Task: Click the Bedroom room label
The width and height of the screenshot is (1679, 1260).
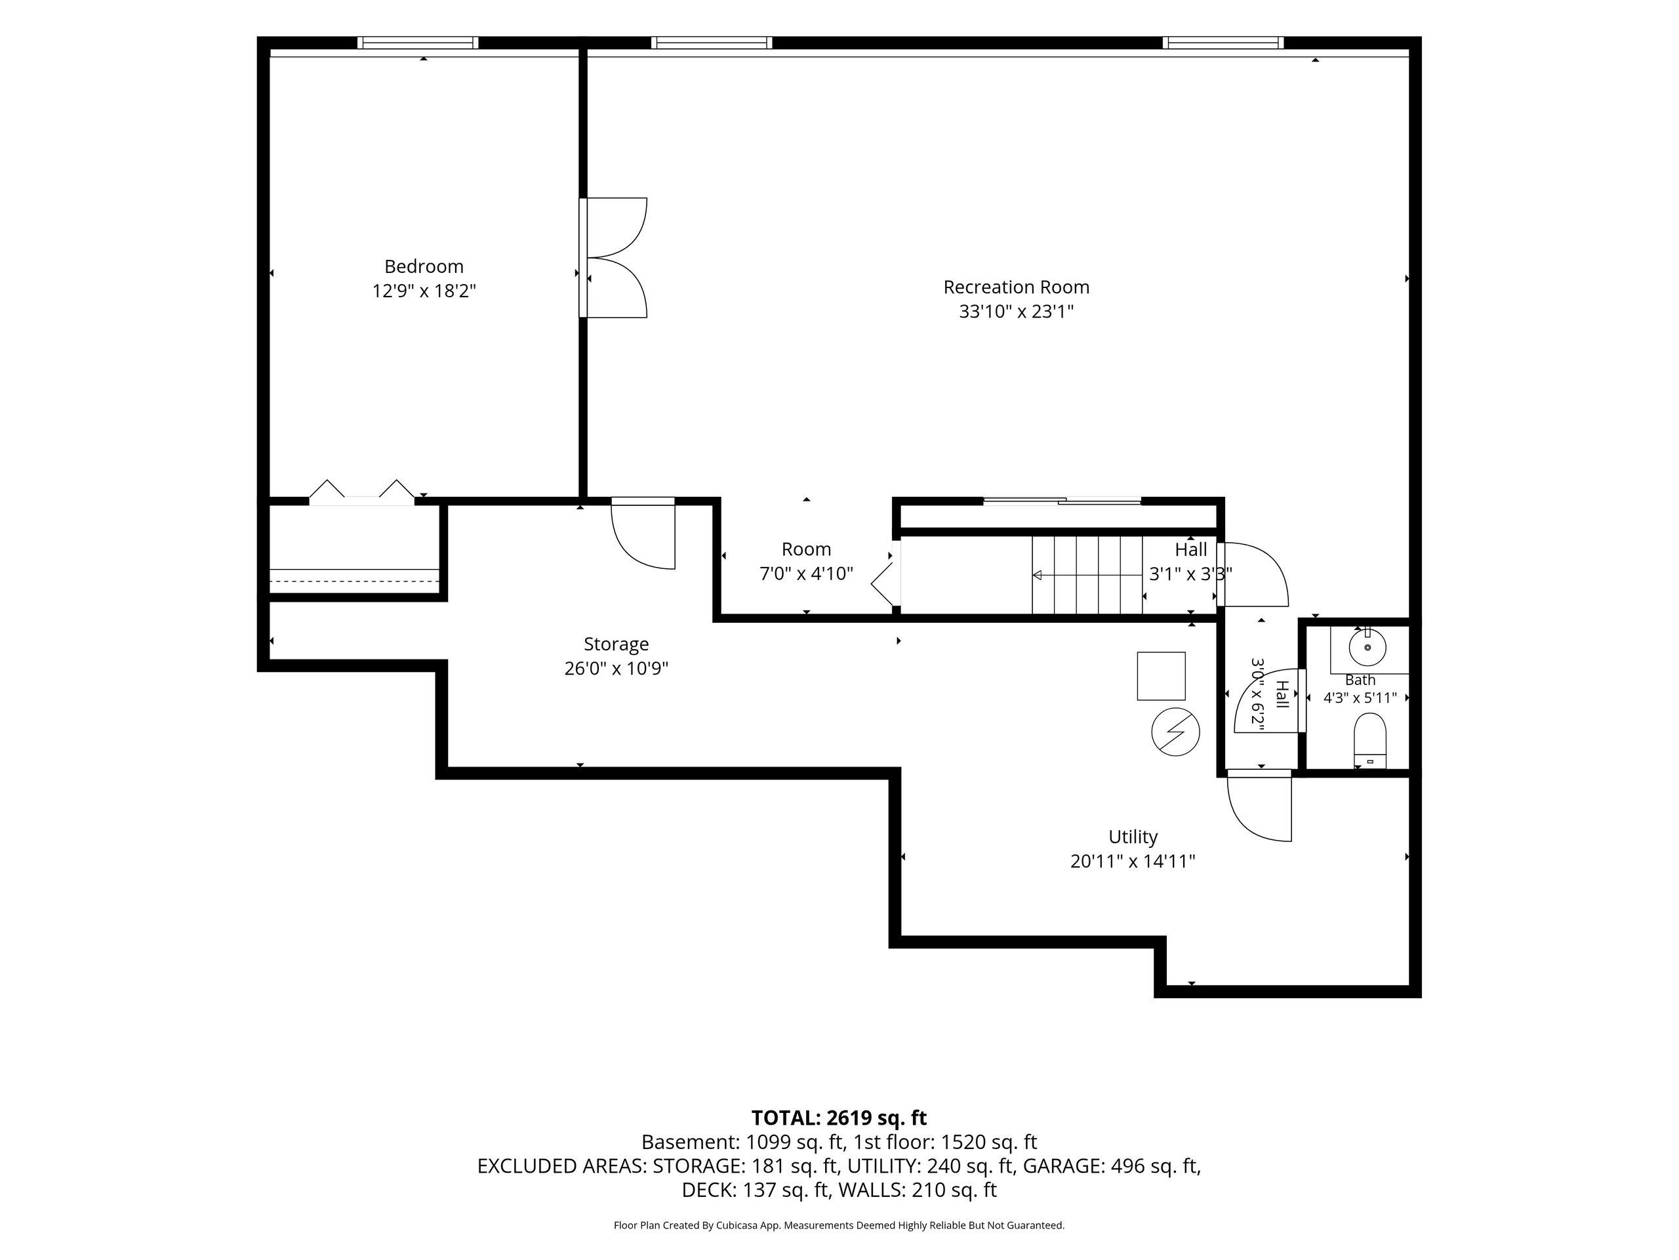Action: tap(424, 266)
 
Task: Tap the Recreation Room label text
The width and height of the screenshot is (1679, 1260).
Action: tap(1017, 287)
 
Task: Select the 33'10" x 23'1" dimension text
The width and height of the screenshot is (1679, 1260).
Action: tap(1017, 312)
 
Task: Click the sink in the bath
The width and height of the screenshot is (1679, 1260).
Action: tap(1367, 647)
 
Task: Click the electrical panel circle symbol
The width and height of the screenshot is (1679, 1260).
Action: tap(1176, 732)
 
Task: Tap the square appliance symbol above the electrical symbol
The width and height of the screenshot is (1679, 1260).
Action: tap(1161, 676)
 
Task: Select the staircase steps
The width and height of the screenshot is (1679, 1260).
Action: tap(1087, 575)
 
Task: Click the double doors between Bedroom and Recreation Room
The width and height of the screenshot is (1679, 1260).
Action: tap(613, 257)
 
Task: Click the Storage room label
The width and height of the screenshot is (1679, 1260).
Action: tap(617, 644)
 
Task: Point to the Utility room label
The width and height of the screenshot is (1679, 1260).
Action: tap(1133, 837)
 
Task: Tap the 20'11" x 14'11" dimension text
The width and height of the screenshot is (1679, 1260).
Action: tap(1133, 861)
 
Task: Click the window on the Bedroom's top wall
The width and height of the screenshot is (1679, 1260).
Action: tap(418, 43)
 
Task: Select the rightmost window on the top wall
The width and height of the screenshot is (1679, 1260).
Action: tap(1223, 43)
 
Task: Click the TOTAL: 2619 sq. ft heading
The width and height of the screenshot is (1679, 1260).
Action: tap(839, 1118)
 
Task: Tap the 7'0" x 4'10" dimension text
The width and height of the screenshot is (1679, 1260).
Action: tap(806, 574)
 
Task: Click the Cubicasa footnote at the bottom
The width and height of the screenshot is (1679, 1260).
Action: tap(839, 1225)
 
